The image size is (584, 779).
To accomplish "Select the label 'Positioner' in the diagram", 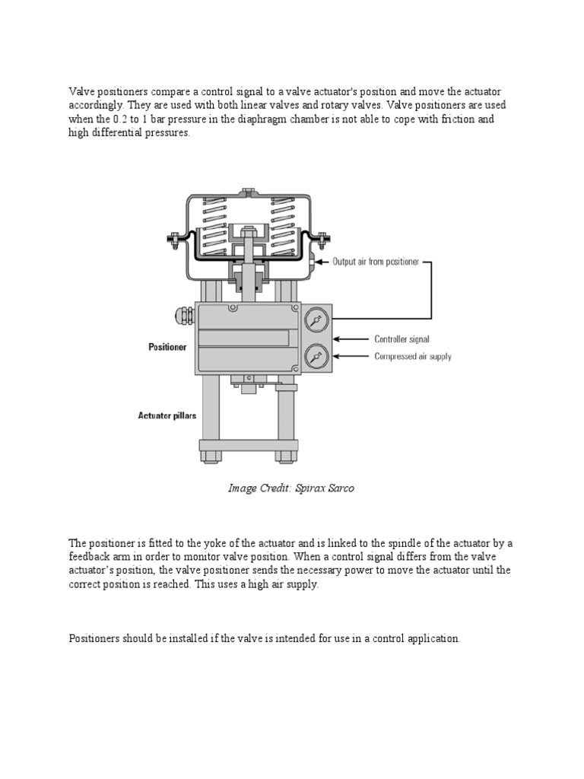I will (x=167, y=347).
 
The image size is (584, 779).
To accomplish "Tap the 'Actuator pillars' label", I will (x=167, y=415).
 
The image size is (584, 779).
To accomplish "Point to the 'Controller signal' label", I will (x=401, y=339).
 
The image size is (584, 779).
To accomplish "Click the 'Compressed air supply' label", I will (x=412, y=356).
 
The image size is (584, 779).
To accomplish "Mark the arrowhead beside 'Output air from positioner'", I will (x=320, y=262).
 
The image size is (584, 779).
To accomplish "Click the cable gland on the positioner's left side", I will (x=184, y=313).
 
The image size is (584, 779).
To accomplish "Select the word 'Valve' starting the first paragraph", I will (x=82, y=91).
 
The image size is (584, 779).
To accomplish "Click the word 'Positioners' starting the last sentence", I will (x=94, y=639).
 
